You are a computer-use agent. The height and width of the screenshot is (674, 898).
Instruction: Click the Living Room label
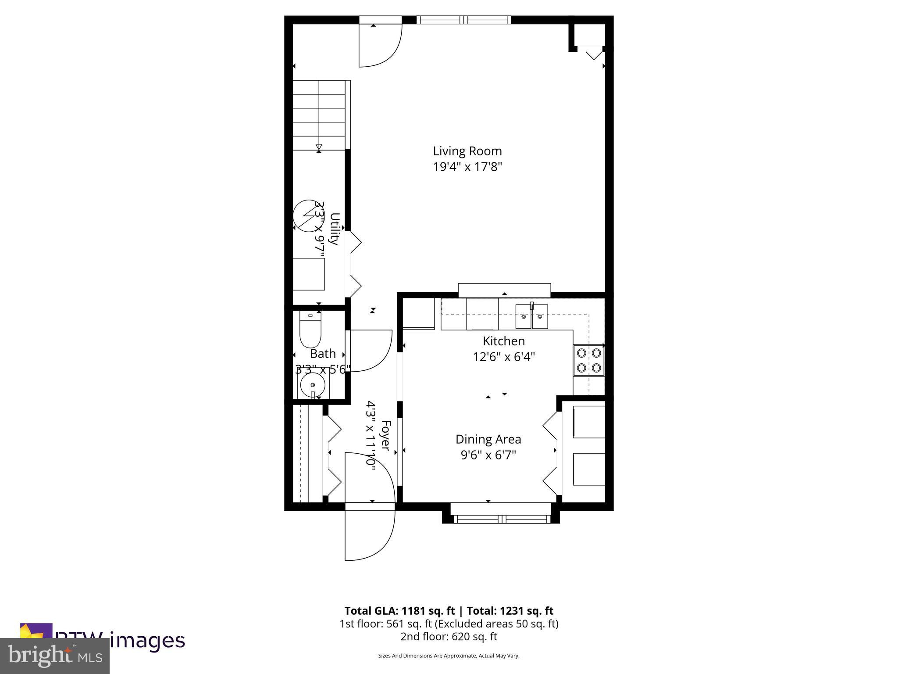(x=467, y=151)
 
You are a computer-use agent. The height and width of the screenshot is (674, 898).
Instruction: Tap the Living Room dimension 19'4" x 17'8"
(x=467, y=167)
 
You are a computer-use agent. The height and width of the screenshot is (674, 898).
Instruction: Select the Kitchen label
(x=503, y=341)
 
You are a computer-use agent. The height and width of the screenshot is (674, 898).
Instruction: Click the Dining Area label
(x=488, y=439)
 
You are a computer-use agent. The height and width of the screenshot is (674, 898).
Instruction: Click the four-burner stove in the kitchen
(x=588, y=360)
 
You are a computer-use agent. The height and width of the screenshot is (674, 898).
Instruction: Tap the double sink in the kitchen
(x=531, y=316)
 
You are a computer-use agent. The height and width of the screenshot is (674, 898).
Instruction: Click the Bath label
(x=323, y=354)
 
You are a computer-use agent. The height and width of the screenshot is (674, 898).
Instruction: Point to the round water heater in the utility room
(x=306, y=215)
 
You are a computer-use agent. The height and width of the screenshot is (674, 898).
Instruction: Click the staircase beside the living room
(x=320, y=115)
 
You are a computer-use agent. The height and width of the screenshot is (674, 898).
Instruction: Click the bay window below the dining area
(x=501, y=519)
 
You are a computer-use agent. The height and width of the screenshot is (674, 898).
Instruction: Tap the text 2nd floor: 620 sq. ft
(x=449, y=636)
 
